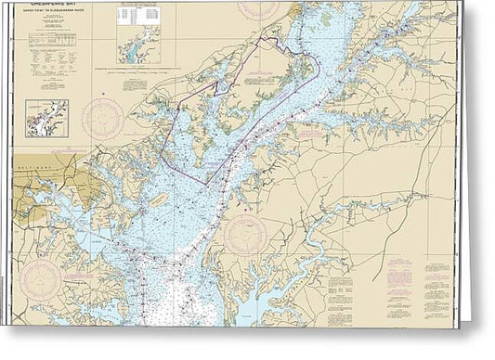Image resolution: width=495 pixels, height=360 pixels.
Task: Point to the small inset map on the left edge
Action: coord(46,118)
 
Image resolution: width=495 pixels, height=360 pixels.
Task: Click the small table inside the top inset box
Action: coord(137,16)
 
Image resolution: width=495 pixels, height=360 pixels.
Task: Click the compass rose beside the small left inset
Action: coord(103,119)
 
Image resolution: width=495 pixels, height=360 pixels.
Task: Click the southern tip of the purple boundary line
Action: coord(205,184)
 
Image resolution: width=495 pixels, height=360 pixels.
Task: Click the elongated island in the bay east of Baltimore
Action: coord(157,199)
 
